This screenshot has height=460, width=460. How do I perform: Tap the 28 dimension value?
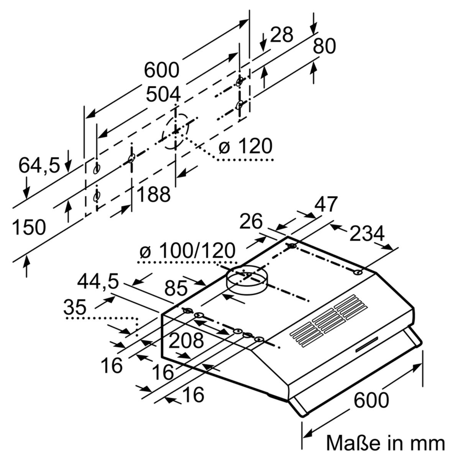pyautogui.click(x=281, y=35)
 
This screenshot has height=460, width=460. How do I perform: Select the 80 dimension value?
pyautogui.click(x=324, y=46)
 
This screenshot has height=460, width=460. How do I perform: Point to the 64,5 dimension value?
pyautogui.click(x=39, y=165)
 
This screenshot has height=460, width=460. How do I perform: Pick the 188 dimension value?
pyautogui.click(x=153, y=195)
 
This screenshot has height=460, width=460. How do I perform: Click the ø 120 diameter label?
pyautogui.click(x=245, y=146)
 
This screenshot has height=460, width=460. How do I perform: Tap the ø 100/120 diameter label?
pyautogui.click(x=187, y=251)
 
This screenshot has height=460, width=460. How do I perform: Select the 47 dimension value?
pyautogui.click(x=325, y=204)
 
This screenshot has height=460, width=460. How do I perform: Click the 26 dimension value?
pyautogui.click(x=251, y=221)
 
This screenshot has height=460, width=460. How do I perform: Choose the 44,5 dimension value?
pyautogui.click(x=98, y=283)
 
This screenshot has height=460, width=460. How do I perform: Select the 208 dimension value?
pyautogui.click(x=186, y=340)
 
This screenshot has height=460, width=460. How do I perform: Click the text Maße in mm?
pyautogui.click(x=386, y=443)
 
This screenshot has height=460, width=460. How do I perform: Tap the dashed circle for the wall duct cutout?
pyautogui.click(x=175, y=131)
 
